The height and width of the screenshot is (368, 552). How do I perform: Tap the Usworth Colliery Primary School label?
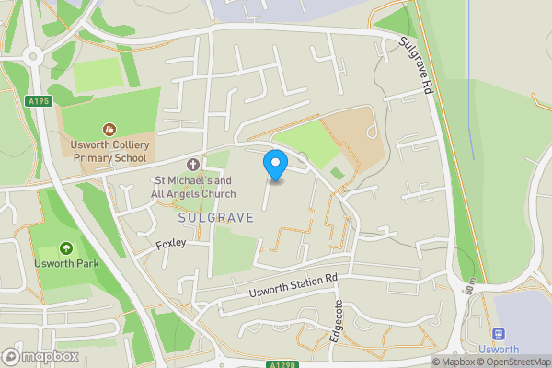click(x=108, y=151)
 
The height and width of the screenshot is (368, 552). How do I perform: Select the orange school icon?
click(x=109, y=131)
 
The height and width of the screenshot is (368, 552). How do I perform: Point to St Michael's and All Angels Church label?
click(x=193, y=187)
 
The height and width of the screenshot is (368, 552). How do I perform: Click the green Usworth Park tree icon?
click(x=65, y=248)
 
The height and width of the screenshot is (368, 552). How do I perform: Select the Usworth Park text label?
click(x=65, y=264)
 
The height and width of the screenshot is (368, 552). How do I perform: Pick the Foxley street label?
click(x=171, y=244)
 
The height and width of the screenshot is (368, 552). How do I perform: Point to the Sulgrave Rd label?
click(x=416, y=66)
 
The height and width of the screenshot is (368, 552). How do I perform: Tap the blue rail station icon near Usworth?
click(x=500, y=334)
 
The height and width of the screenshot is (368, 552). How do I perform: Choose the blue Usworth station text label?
click(x=500, y=350)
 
